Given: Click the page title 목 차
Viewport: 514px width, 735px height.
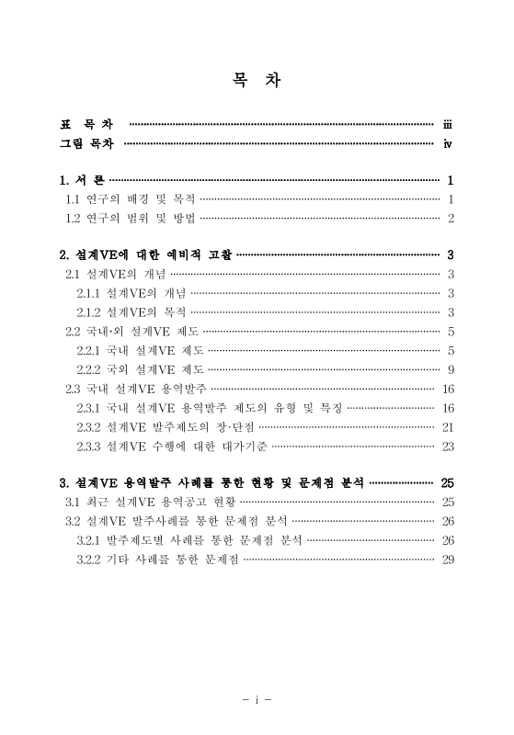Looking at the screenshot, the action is pyautogui.click(x=257, y=79).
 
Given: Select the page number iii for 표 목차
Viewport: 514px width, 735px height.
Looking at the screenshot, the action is pyautogui.click(x=447, y=123).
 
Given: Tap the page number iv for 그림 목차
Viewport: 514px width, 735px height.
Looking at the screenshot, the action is pyautogui.click(x=447, y=143).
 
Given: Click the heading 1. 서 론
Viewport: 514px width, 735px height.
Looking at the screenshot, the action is pyautogui.click(x=82, y=180).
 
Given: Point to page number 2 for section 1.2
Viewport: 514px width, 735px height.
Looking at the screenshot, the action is pyautogui.click(x=451, y=218).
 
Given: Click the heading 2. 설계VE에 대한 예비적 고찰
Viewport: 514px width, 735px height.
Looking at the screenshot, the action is pyautogui.click(x=145, y=254).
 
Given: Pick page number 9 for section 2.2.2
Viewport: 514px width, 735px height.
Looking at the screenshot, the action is pyautogui.click(x=451, y=369).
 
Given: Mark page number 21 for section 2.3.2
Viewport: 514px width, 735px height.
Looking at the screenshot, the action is pyautogui.click(x=449, y=427).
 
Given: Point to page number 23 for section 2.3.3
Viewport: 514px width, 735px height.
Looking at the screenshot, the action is pyautogui.click(x=449, y=447).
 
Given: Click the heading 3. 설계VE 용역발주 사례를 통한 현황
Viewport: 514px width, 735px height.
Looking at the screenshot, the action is pyautogui.click(x=212, y=482).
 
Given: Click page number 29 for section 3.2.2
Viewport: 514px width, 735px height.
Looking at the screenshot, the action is pyautogui.click(x=449, y=559).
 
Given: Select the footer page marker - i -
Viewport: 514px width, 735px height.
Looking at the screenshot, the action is pyautogui.click(x=257, y=699).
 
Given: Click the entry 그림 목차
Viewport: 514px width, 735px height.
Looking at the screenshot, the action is pyautogui.click(x=88, y=143).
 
